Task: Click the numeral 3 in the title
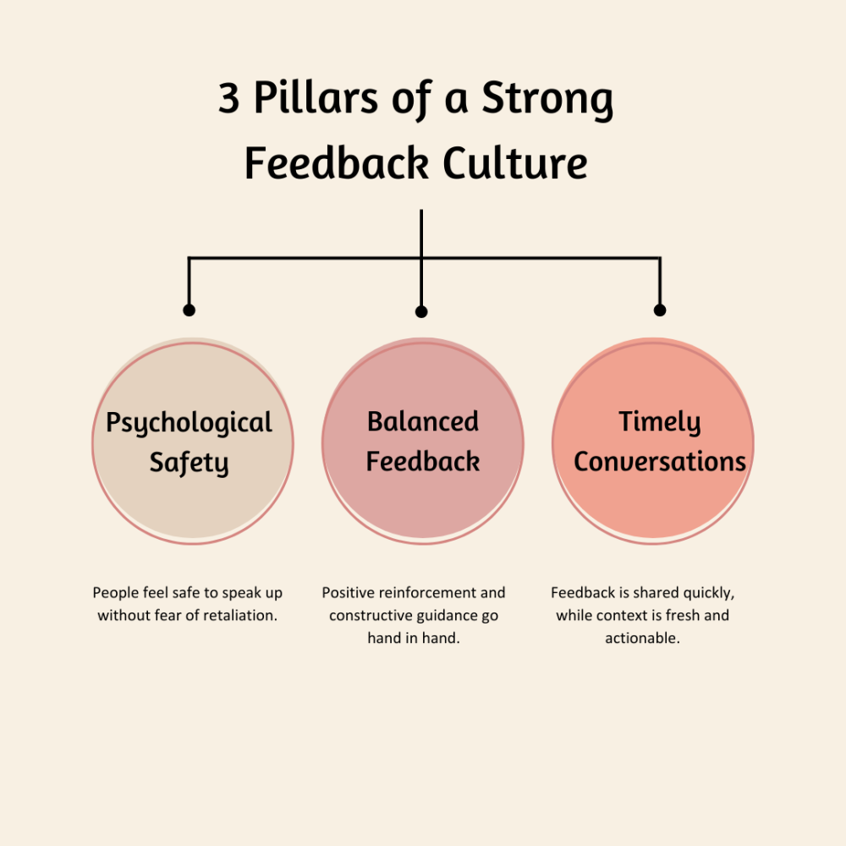click(228, 97)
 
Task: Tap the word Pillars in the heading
click(316, 97)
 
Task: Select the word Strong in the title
click(547, 101)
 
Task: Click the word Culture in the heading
click(514, 162)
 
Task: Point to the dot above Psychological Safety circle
click(189, 310)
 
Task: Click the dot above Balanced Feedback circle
click(421, 312)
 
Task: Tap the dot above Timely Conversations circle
click(660, 310)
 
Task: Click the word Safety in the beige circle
click(189, 463)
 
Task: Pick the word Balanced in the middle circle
click(423, 421)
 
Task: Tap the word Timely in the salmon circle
click(659, 423)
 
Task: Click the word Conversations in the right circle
click(660, 462)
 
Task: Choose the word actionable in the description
click(642, 638)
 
